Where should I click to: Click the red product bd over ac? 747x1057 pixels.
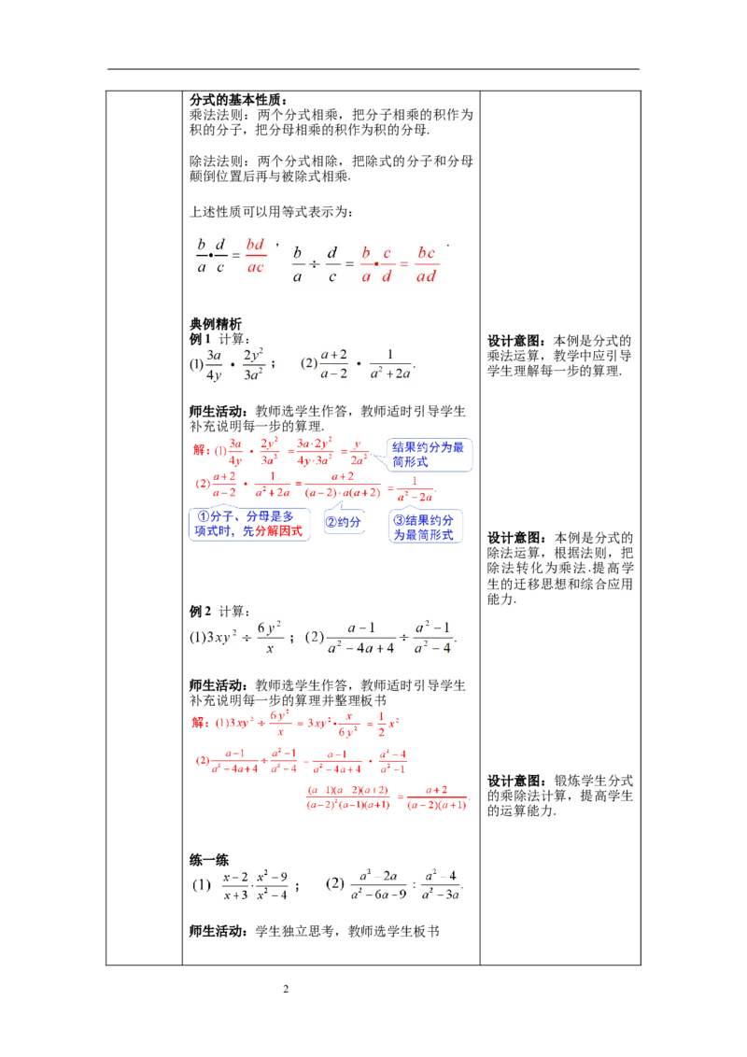pos(255,254)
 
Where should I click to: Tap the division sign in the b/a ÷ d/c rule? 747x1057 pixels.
pos(315,264)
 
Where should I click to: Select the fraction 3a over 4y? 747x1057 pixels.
pos(215,366)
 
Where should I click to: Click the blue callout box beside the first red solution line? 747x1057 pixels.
pos(429,455)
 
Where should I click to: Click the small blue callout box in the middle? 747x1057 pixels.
pos(343,524)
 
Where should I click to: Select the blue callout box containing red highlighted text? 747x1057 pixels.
pos(249,524)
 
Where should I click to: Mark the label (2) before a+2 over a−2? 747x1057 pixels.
pos(309,365)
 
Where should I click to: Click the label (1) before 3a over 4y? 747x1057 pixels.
pos(196,365)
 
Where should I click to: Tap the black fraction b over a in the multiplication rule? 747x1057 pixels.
pos(202,254)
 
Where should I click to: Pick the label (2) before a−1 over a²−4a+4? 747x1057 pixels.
pos(315,638)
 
